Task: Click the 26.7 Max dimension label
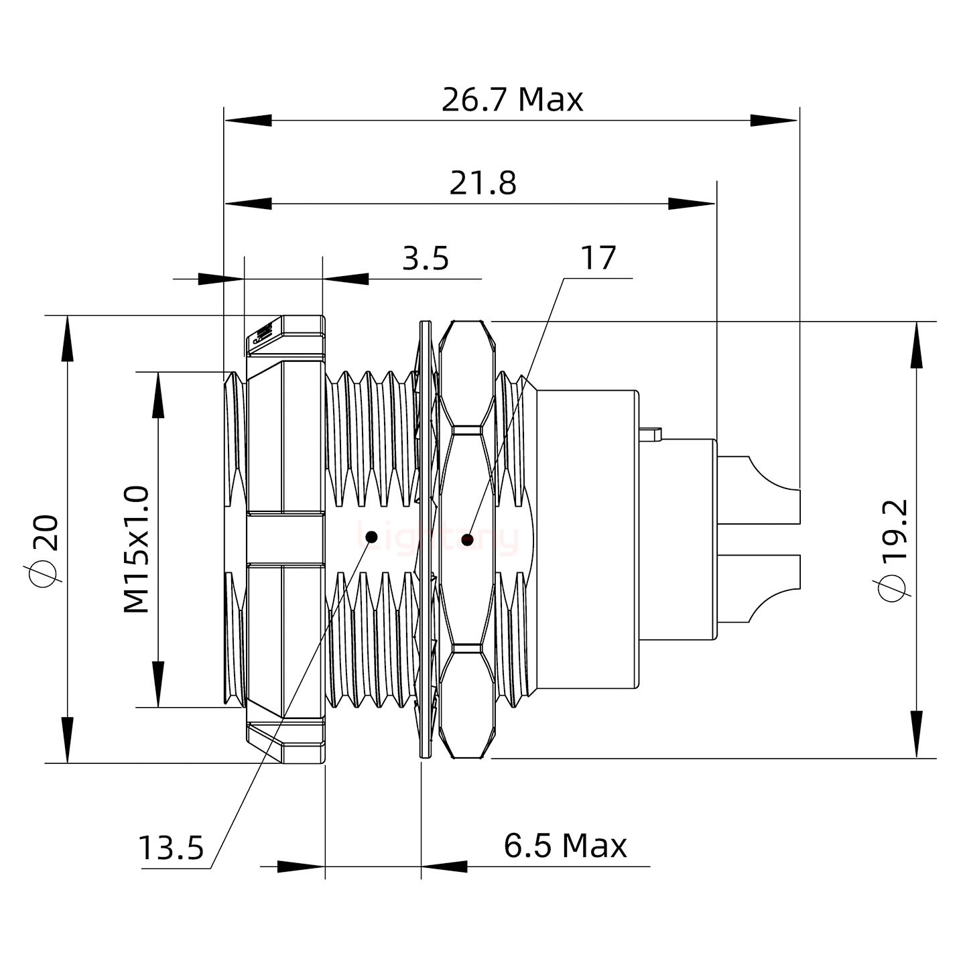coord(513,101)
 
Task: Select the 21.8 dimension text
coord(482,184)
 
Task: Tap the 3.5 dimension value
coord(426,259)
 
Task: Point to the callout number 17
coord(598,259)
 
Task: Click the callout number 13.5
coord(171,848)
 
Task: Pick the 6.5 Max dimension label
coord(565,846)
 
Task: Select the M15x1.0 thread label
coord(137,550)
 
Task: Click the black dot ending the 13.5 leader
coord(371,537)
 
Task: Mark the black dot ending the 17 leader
coord(467,539)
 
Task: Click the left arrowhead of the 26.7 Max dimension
coord(248,121)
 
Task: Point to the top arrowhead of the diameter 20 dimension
coord(67,338)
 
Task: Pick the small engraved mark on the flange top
coord(261,334)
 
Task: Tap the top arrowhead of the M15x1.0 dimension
coord(158,395)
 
